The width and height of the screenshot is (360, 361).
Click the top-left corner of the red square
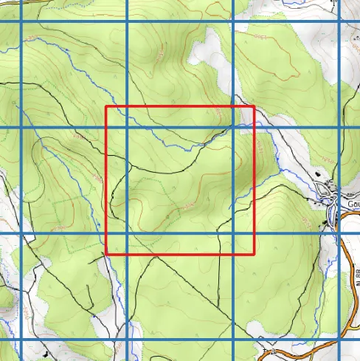click(106, 107)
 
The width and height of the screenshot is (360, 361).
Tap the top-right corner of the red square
click(254, 107)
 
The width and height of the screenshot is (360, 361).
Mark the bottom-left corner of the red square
click(106, 254)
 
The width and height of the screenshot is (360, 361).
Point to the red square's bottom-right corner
click(254, 254)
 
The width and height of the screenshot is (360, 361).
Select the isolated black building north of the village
click(319, 174)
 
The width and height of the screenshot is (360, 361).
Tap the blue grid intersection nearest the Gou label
click(341, 234)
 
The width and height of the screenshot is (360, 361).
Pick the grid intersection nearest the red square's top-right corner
click(234, 127)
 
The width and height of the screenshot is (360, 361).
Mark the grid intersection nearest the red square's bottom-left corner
click(127, 234)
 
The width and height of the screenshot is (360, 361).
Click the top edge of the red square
click(180, 107)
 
